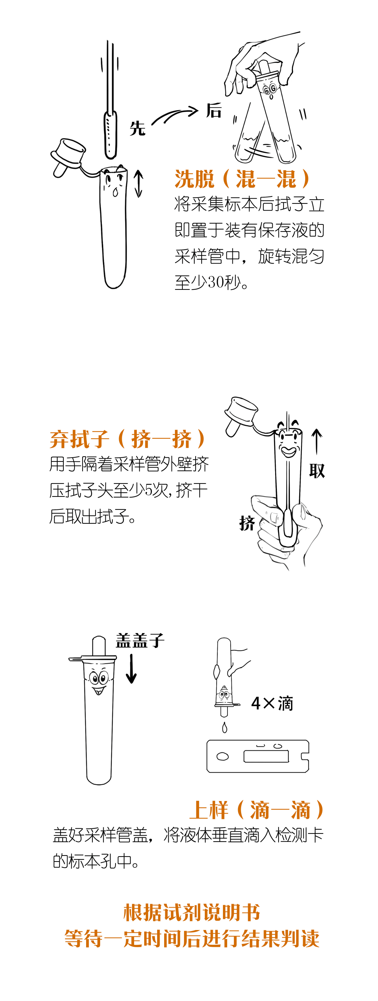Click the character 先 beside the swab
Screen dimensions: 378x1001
[137, 128]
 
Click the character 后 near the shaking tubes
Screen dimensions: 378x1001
[214, 110]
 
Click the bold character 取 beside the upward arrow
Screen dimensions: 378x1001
[317, 471]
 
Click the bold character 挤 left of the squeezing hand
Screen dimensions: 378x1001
[247, 523]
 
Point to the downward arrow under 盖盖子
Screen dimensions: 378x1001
[132, 668]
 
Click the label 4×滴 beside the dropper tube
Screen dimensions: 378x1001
[272, 703]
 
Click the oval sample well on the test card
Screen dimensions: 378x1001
[223, 756]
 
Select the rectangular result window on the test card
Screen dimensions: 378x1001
[266, 756]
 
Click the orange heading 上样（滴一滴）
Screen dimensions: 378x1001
[257, 810]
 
